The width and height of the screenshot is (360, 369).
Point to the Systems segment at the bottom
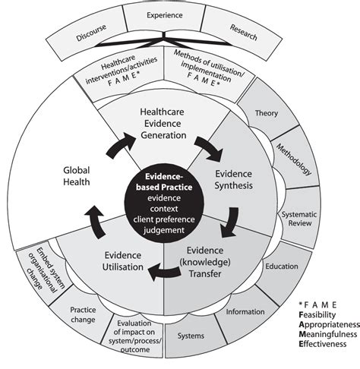190,335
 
